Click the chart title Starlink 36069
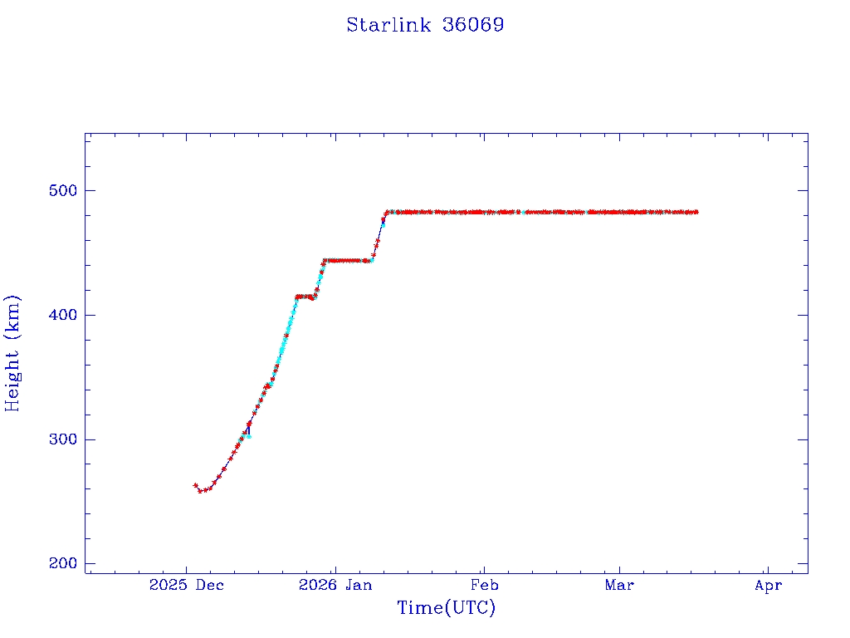point(425,25)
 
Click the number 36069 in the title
point(473,25)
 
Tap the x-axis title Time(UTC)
point(447,608)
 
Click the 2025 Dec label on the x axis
point(187,586)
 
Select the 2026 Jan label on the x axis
point(335,586)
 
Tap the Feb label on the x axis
point(484,586)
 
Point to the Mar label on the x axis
point(619,586)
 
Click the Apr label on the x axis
point(769,586)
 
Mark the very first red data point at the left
point(196,485)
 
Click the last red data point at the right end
point(696,212)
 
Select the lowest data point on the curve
point(200,491)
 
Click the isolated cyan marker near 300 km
point(248,436)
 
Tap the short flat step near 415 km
point(305,297)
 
